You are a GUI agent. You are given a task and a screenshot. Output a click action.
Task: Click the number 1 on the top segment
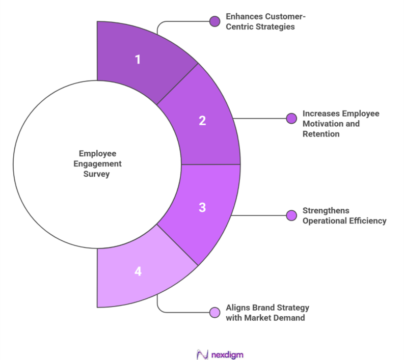[x=137, y=59]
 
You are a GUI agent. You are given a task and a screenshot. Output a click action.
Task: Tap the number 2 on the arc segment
[x=202, y=121]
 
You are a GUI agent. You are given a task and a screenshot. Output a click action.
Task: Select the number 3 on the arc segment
[x=202, y=207]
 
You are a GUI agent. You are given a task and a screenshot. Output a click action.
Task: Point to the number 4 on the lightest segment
[x=138, y=271]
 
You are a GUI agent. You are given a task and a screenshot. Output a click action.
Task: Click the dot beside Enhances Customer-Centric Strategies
[x=214, y=21]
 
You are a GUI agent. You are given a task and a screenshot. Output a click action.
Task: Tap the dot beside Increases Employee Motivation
[x=291, y=118]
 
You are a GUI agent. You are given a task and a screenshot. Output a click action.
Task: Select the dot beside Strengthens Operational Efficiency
[x=291, y=215]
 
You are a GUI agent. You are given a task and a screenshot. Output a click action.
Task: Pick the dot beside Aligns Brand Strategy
[x=214, y=312]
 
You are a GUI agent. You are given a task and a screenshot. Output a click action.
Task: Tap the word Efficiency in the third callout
[x=368, y=220]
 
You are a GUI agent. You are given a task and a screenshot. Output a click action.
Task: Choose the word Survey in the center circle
[x=97, y=174]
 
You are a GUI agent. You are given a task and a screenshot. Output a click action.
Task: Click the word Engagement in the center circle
[x=97, y=163]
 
